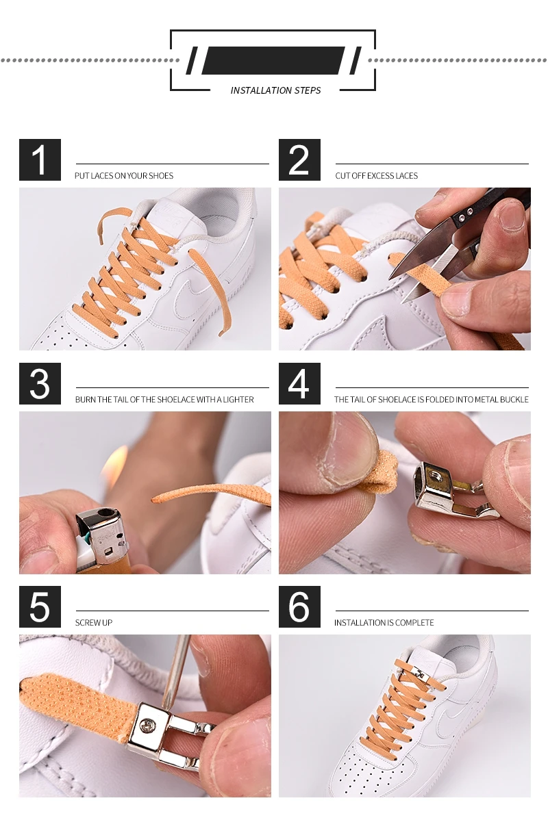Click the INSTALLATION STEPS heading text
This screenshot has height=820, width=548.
[275, 90]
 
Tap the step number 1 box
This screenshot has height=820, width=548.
[40, 159]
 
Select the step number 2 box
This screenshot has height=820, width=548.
[299, 159]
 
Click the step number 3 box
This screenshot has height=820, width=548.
[40, 383]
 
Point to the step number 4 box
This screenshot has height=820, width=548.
[299, 383]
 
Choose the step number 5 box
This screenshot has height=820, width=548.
[40, 606]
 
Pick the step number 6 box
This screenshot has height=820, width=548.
[299, 606]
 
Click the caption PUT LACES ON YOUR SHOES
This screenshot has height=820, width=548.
[124, 176]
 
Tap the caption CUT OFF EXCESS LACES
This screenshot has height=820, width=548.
[376, 176]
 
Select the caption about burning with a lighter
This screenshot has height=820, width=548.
[164, 400]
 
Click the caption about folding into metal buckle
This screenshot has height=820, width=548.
[431, 400]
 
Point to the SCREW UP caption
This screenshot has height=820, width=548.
[94, 623]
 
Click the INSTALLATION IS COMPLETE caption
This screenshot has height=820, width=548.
[384, 623]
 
